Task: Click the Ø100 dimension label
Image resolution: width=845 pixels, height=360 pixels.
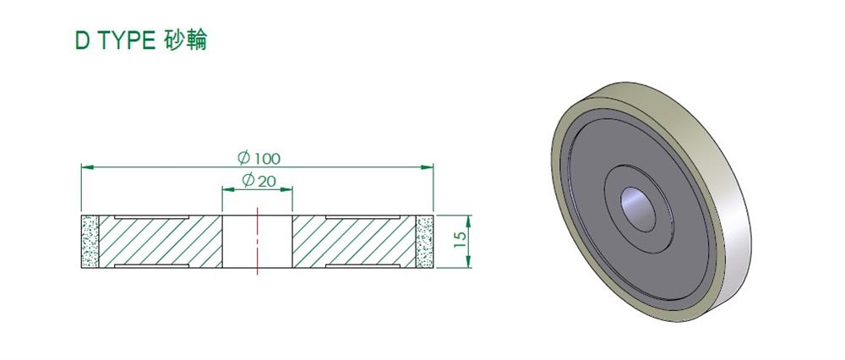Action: pyautogui.click(x=259, y=158)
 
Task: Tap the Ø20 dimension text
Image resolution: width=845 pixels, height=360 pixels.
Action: pyautogui.click(x=259, y=181)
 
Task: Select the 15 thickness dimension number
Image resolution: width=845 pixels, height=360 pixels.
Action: pyautogui.click(x=460, y=239)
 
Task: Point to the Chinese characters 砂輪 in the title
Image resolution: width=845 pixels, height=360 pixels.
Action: pyautogui.click(x=184, y=41)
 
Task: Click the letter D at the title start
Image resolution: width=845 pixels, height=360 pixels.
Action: pyautogui.click(x=83, y=41)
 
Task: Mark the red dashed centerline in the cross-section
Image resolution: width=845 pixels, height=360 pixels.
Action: pyautogui.click(x=258, y=241)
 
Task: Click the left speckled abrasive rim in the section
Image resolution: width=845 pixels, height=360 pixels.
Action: pyautogui.click(x=90, y=242)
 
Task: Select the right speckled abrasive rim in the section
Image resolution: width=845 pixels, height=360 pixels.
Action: pyautogui.click(x=425, y=242)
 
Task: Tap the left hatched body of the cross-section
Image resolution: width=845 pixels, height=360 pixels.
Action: pyautogui.click(x=161, y=242)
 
